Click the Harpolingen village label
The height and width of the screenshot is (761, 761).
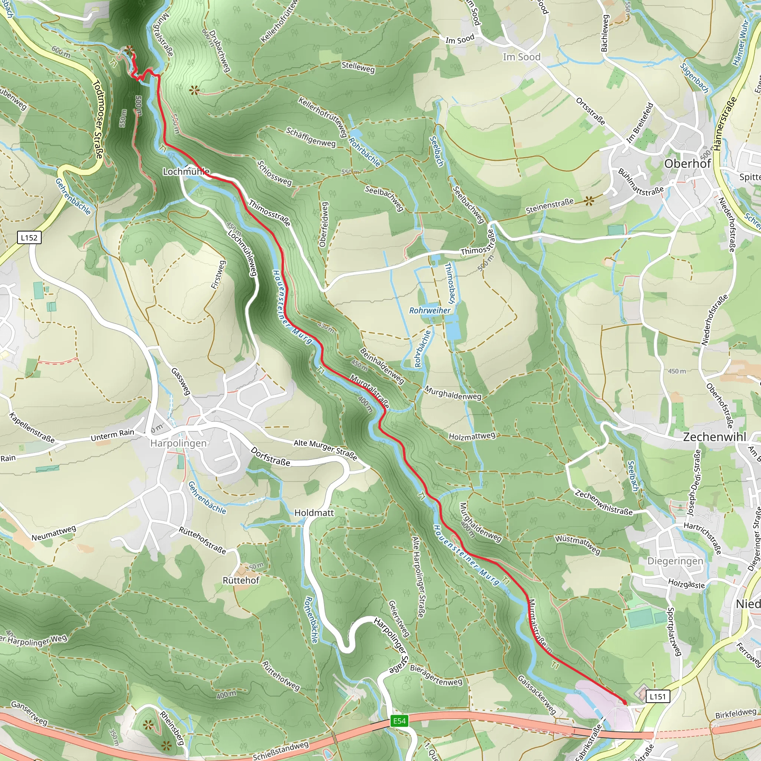[178, 444]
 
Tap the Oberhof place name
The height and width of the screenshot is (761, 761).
[687, 163]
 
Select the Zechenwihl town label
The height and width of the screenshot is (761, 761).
[715, 437]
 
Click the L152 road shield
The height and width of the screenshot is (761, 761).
[29, 237]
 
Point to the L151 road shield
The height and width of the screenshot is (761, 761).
[657, 696]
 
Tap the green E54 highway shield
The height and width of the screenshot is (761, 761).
[399, 721]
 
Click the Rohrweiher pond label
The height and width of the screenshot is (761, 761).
[430, 310]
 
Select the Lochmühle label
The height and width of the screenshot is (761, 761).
[186, 172]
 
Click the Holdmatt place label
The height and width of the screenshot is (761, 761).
[314, 513]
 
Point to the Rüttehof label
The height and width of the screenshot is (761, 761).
[241, 581]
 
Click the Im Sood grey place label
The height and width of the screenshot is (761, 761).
[521, 57]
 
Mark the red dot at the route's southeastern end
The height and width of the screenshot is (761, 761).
[624, 702]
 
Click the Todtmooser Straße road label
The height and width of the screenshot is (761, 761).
[98, 120]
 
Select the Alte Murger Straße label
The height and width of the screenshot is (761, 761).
[326, 450]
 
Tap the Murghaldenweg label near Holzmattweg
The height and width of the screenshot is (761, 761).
[453, 393]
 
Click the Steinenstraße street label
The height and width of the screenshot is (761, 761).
[550, 206]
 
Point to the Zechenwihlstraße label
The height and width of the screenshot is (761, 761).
[603, 503]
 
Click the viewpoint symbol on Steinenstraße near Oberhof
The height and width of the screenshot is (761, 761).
[589, 201]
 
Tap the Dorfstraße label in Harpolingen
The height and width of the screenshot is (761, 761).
[271, 457]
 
